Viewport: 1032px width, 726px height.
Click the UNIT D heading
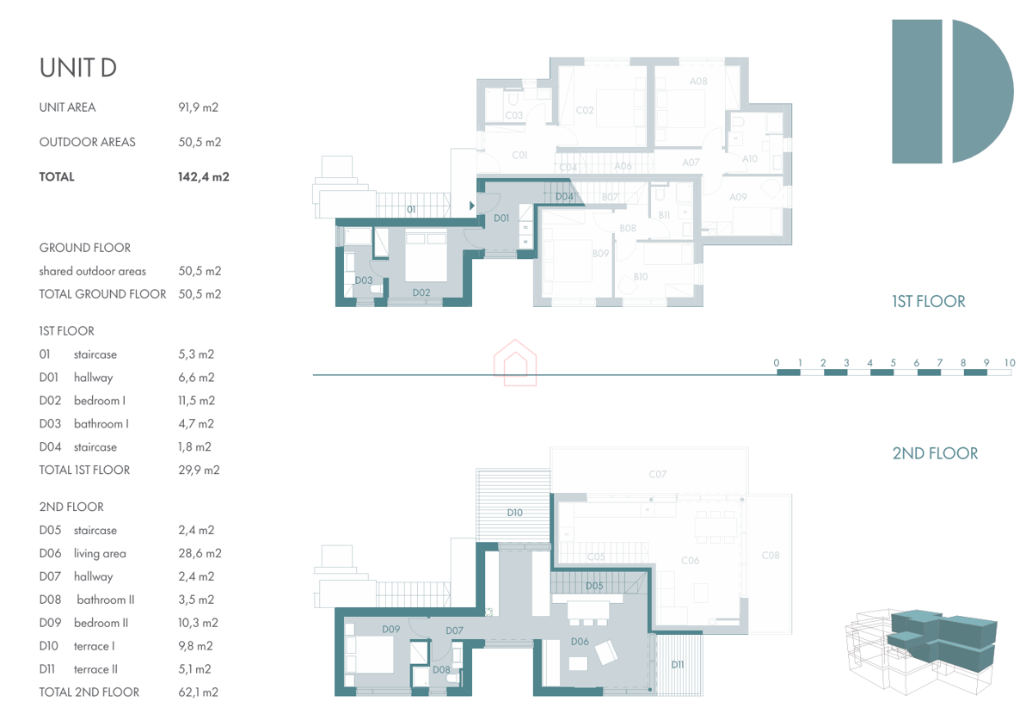tap(78, 68)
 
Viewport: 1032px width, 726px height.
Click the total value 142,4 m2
tap(203, 177)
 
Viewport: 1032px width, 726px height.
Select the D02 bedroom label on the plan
tap(421, 292)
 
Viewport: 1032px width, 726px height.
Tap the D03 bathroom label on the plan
tap(364, 280)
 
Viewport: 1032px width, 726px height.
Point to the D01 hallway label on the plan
tap(501, 218)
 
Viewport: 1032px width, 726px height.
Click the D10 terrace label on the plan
tap(514, 513)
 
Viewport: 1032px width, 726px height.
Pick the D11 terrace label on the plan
tap(678, 665)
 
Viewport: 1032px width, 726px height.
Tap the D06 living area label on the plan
tap(580, 641)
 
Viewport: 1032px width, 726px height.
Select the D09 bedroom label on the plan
tap(390, 629)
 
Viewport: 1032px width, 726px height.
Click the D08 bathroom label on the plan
tap(441, 669)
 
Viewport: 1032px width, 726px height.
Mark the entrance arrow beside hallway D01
tap(472, 206)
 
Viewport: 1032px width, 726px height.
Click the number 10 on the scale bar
tap(1010, 363)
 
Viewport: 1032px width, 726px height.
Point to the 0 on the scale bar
tap(777, 363)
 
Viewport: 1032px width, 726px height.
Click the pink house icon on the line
tap(515, 363)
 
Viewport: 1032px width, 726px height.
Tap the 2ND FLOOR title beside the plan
tap(935, 453)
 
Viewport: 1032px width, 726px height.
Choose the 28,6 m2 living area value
tap(200, 553)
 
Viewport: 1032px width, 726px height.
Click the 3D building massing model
tap(920, 652)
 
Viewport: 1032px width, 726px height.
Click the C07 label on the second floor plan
tap(657, 474)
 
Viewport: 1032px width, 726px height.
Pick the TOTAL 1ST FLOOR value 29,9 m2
tap(199, 471)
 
